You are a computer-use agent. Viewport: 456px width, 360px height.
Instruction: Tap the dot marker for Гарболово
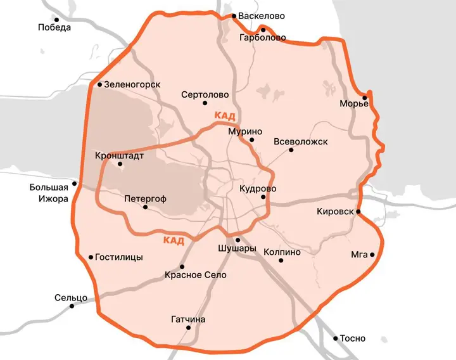(263, 29)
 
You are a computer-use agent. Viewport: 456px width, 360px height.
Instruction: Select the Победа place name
(54, 27)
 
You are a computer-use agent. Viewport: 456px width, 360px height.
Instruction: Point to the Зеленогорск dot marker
(99, 84)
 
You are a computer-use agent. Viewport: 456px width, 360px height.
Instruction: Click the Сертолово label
(205, 94)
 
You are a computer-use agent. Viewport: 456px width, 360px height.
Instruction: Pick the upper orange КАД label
(225, 115)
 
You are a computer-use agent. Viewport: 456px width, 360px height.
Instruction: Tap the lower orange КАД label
(174, 240)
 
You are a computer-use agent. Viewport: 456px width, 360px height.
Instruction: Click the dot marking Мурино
(251, 140)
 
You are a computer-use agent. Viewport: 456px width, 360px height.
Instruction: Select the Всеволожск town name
(301, 141)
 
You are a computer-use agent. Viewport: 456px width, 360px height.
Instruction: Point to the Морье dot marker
(365, 97)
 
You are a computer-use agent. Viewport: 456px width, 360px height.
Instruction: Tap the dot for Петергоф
(145, 207)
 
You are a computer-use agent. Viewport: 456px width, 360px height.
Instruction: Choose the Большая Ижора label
(49, 193)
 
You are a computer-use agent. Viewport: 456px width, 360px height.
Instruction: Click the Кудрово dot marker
(263, 197)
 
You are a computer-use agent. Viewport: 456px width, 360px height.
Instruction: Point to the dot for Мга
(372, 255)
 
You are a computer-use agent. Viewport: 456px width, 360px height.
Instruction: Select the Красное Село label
(195, 275)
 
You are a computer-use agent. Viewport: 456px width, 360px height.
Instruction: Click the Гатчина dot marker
(180, 328)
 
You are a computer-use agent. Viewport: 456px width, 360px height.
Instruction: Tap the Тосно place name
(353, 338)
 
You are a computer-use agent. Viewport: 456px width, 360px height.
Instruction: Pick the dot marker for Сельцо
(72, 305)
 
